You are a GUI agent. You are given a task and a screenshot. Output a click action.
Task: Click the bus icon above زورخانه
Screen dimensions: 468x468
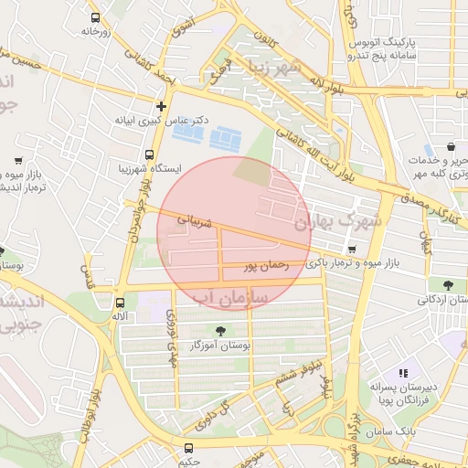point(96,17)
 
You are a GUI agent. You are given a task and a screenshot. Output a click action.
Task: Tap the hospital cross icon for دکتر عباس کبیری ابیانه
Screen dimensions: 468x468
point(162,105)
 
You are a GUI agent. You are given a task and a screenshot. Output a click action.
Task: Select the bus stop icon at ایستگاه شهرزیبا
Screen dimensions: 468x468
point(149,155)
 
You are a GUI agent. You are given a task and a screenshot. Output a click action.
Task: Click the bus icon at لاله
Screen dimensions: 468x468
point(120,303)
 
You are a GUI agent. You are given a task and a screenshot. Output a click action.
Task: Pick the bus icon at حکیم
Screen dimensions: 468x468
point(188,448)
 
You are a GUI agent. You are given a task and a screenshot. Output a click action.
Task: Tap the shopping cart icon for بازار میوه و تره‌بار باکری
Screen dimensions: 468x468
point(352,249)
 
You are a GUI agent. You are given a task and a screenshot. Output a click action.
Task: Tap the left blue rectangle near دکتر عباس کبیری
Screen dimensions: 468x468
point(188,134)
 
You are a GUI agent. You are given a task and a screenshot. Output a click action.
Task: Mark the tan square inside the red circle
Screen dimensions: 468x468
point(252,171)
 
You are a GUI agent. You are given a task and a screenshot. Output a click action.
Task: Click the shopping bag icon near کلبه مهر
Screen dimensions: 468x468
point(452,146)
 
